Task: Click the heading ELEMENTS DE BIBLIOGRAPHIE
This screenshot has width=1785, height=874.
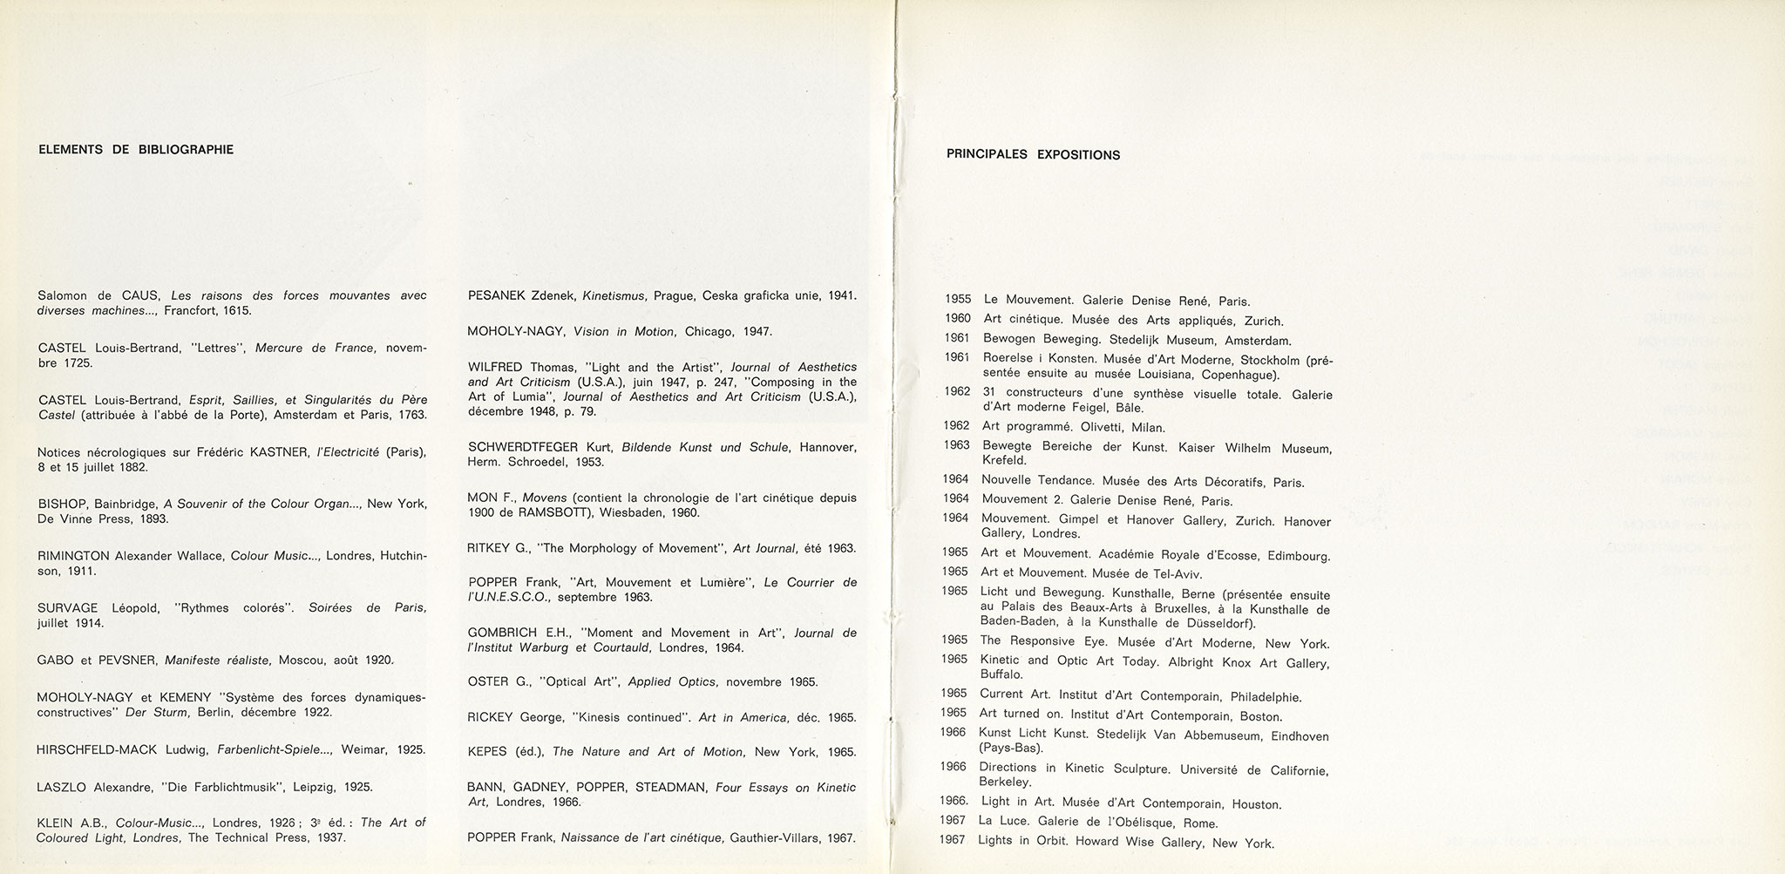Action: coord(136,149)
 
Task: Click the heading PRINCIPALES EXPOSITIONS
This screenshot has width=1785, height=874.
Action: coord(1033,155)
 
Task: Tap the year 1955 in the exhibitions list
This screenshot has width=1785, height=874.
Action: coord(958,300)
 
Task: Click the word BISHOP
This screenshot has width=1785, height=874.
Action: coord(59,504)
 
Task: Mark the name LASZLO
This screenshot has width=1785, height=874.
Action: coord(61,787)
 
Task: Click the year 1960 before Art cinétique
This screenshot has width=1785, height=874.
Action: coord(959,319)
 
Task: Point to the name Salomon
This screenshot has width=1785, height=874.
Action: coord(62,295)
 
